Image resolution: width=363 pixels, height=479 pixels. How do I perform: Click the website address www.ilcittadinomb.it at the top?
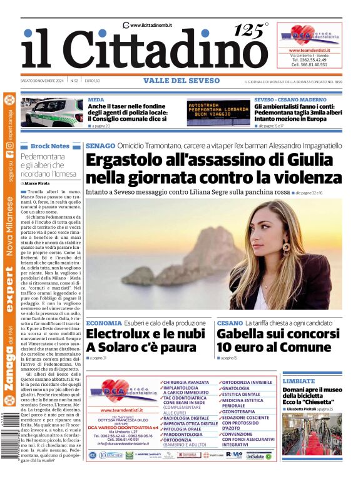151,25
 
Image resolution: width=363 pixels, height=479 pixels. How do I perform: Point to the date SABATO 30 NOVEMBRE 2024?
43,81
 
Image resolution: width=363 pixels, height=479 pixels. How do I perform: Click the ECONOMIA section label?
104,323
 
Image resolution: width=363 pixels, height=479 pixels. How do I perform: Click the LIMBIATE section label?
299,381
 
